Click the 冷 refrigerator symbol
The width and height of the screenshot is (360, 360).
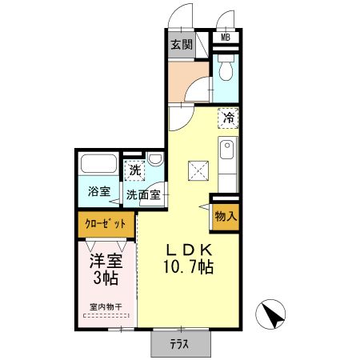pyautogui.click(x=227, y=118)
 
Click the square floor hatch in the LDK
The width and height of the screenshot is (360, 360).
pyautogui.click(x=197, y=170)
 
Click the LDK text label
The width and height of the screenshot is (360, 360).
pyautogui.click(x=187, y=250)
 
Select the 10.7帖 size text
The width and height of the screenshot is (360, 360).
pyautogui.click(x=186, y=267)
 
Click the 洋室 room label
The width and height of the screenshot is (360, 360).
pyautogui.click(x=105, y=261)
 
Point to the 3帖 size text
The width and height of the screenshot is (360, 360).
pyautogui.click(x=105, y=278)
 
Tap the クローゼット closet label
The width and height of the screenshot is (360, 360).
pyautogui.click(x=105, y=225)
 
